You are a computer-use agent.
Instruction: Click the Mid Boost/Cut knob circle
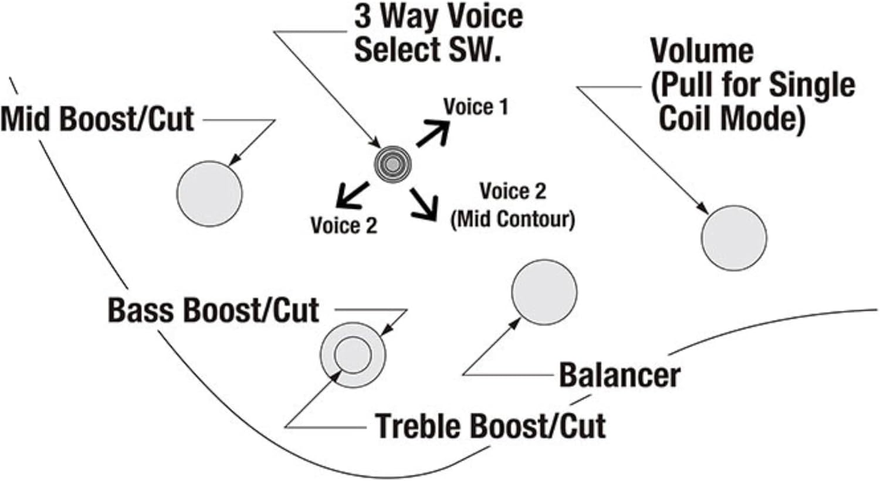209,194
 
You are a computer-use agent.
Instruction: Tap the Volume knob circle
733,238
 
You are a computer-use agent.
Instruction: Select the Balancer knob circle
544,292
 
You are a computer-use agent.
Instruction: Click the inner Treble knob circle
353,355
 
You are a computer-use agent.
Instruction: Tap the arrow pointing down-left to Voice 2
351,195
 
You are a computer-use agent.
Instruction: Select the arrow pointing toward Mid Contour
425,204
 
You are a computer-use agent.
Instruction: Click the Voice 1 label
475,107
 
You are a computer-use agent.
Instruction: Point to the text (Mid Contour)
512,219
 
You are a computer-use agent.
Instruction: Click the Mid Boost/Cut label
97,119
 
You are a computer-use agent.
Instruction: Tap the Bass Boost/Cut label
213,310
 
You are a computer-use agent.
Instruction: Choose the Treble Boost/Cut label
490,425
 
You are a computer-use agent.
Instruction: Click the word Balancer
619,375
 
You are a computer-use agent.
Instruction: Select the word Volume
702,51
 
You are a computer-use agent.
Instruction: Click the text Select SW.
428,49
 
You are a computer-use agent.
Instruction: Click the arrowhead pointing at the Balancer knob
516,323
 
